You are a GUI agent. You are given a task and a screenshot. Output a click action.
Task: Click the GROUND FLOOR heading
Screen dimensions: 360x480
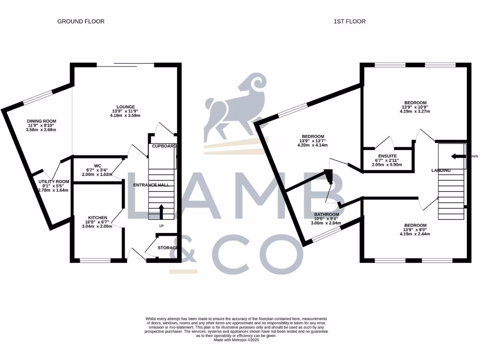point(81,22)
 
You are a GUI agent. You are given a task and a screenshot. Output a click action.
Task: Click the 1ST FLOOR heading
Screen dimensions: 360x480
point(349,22)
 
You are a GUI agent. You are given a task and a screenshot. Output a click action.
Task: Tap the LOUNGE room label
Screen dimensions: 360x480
point(127,106)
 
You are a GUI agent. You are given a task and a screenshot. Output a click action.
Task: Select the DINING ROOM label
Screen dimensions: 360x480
point(41,121)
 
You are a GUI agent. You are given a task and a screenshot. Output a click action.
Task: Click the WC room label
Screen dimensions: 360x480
point(97,165)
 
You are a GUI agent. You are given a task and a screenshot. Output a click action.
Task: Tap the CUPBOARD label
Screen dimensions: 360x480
point(164,146)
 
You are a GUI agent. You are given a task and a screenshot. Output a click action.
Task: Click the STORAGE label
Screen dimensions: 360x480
point(167,247)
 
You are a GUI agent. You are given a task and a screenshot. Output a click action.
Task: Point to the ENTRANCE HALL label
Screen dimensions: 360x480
point(151,185)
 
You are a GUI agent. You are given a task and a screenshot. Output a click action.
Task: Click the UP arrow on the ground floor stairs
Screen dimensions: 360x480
point(162,212)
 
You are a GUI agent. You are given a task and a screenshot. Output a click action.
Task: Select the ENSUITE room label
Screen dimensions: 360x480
point(387,156)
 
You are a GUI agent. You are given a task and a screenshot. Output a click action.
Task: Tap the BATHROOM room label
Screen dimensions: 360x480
point(326,214)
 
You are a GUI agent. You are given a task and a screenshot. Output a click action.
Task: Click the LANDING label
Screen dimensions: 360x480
point(441,170)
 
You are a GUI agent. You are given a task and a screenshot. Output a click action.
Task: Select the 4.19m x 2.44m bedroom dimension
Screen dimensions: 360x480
point(415,234)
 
